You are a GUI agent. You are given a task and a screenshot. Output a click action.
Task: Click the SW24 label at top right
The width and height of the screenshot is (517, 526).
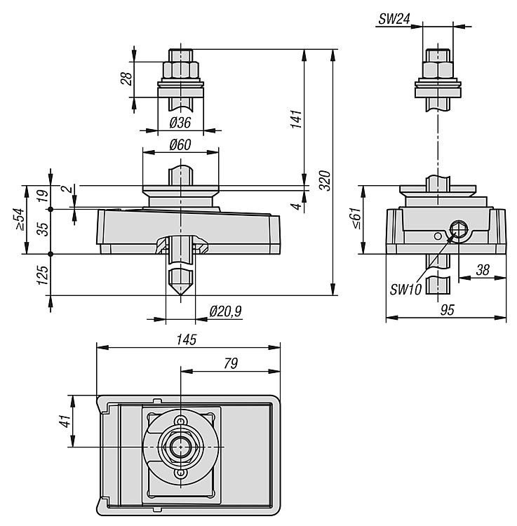tap(395, 20)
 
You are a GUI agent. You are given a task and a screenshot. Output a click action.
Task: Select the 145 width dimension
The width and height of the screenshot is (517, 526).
tap(187, 339)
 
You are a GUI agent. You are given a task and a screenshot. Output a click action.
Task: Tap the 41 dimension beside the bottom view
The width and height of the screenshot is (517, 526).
tap(64, 421)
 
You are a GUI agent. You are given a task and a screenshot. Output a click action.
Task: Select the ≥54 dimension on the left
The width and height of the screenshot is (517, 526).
tap(21, 220)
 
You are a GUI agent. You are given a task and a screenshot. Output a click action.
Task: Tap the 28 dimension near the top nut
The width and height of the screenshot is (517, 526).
tap(126, 78)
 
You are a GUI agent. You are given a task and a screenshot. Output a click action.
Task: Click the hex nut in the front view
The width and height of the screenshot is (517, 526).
tap(181, 70)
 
